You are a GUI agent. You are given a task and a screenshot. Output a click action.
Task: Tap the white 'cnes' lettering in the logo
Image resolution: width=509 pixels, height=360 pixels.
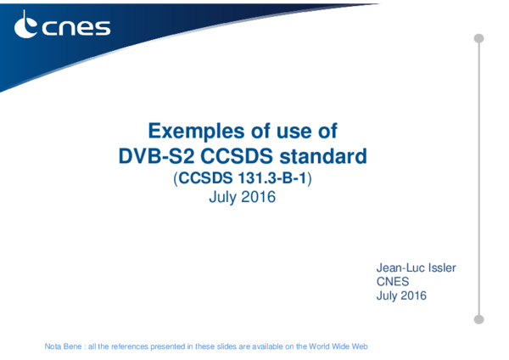tap(76, 27)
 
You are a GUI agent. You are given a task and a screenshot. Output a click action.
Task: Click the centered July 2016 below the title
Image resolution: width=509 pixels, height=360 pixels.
tap(242, 198)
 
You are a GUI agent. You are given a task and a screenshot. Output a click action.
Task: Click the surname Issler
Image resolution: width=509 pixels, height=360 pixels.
tap(441, 268)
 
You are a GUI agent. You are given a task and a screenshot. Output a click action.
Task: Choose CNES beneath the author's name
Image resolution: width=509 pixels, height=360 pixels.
tap(393, 282)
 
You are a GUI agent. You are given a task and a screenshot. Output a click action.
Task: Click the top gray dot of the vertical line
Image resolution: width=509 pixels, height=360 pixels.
tap(478, 38)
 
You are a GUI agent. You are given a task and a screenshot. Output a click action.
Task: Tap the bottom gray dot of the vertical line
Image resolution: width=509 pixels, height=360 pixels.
tap(478, 319)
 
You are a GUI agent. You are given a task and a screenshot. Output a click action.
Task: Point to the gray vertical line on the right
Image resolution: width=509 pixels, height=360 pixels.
tap(478, 178)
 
